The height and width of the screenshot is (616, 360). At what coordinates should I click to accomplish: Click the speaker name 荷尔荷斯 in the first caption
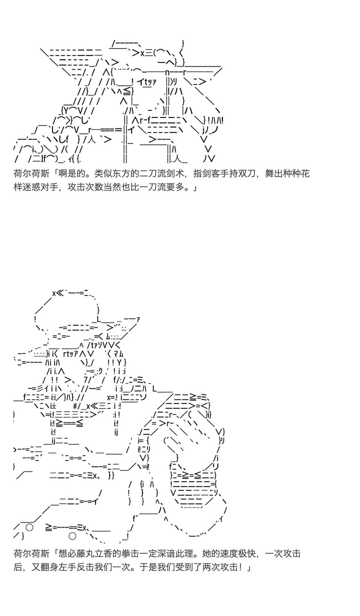pos(31,174)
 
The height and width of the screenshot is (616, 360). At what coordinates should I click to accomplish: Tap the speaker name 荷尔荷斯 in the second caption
pos(31,554)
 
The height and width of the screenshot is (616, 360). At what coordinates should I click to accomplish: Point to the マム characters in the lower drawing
pos(118,354)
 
